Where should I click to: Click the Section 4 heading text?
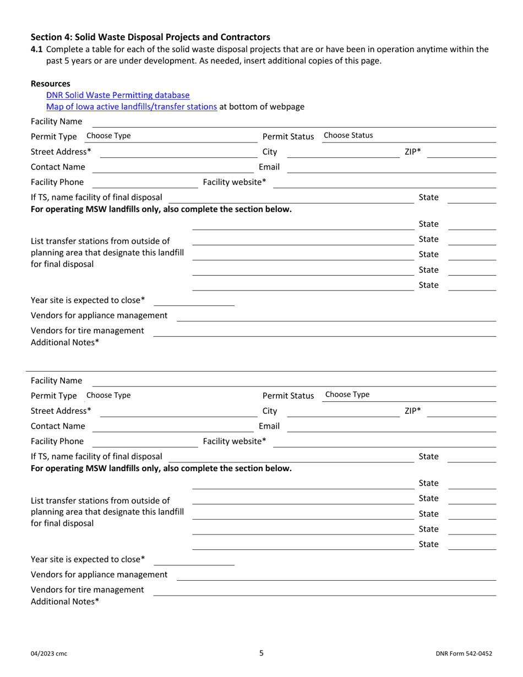(x=150, y=37)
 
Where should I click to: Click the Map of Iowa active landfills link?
(x=132, y=107)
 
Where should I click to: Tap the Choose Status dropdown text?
(x=348, y=135)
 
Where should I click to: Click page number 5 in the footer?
(x=261, y=653)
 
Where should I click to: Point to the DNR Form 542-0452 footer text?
(x=463, y=654)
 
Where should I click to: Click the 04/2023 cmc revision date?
(x=49, y=654)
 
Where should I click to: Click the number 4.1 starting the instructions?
(x=36, y=49)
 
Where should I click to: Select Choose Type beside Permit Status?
(x=347, y=395)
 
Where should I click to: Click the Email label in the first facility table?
(x=269, y=167)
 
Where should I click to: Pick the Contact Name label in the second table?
(x=58, y=426)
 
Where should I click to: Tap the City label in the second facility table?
(x=270, y=411)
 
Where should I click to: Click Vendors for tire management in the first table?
(x=88, y=330)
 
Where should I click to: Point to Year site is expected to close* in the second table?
(x=88, y=559)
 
